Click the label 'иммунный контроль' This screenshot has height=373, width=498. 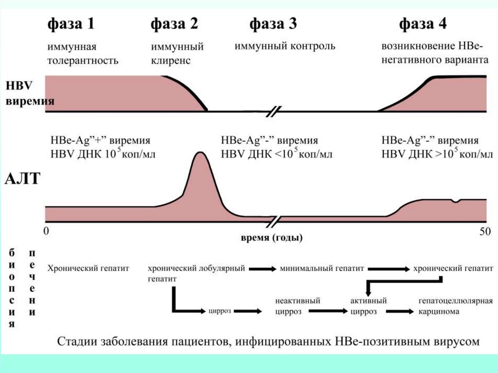click(x=285, y=47)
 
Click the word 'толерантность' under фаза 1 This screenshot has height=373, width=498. click(x=83, y=61)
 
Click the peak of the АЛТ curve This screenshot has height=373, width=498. click(x=199, y=153)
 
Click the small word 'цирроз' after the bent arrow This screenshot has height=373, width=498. click(x=219, y=311)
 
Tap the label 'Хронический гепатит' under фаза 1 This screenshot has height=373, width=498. click(x=88, y=268)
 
